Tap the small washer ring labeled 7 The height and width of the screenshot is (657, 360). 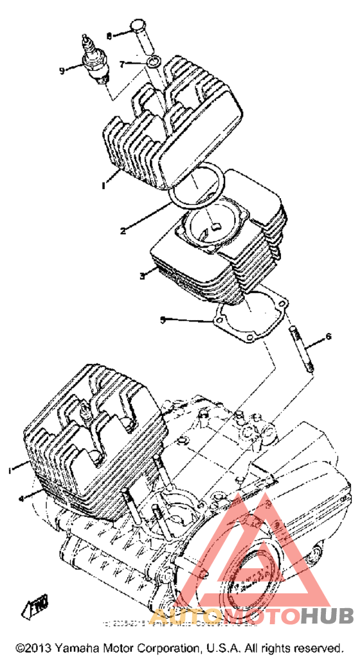click(x=152, y=62)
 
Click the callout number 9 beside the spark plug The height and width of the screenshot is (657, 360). click(x=62, y=70)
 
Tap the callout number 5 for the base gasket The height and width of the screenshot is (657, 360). click(x=163, y=319)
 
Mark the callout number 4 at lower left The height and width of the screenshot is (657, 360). click(x=21, y=498)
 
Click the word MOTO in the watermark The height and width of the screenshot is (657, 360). click(x=262, y=615)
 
